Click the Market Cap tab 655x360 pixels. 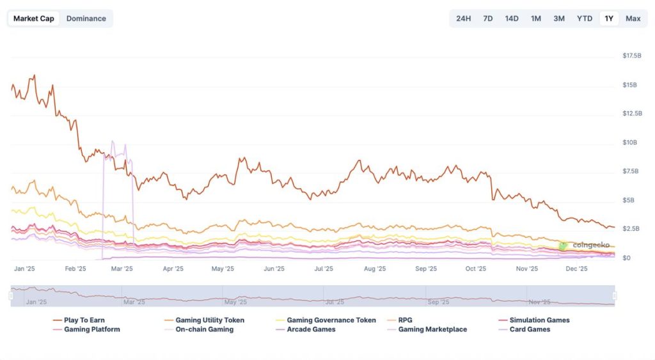[34, 19]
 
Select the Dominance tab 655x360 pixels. [86, 19]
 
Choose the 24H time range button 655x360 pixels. [463, 19]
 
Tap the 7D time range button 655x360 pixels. [488, 19]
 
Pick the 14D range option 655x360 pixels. [512, 19]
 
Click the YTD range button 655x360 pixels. [584, 19]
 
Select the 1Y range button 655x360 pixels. [609, 19]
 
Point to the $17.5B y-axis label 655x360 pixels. [632, 56]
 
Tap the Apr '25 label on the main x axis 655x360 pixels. [173, 269]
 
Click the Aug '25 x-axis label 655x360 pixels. [375, 269]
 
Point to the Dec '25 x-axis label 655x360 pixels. [577, 269]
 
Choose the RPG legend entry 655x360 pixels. [405, 320]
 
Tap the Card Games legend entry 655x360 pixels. [530, 330]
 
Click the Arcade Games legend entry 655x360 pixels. [311, 330]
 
